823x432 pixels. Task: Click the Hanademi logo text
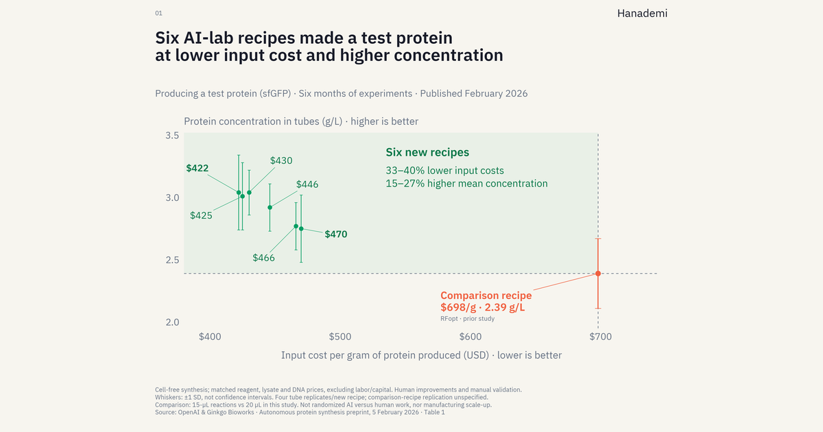(x=642, y=14)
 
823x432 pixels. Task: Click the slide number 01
(x=158, y=13)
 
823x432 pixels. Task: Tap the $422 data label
(x=198, y=168)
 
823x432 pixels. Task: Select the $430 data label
(x=281, y=160)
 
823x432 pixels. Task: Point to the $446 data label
(x=307, y=184)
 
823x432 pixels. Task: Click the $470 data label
(x=336, y=235)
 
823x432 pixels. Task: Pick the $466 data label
(x=263, y=258)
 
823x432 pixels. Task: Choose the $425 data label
(x=201, y=215)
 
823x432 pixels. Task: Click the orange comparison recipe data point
(x=598, y=274)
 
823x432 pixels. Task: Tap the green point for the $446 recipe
(x=270, y=208)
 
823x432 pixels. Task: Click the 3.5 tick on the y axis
(x=172, y=136)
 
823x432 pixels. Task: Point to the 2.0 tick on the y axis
(x=172, y=322)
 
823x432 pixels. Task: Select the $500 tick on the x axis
(x=340, y=337)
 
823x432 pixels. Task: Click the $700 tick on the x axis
(x=600, y=337)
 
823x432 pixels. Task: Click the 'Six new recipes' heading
(x=427, y=152)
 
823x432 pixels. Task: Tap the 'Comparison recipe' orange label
(x=486, y=296)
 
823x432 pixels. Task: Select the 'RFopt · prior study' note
(x=467, y=318)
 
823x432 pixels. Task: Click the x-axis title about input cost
(x=421, y=355)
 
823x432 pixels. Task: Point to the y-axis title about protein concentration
(x=301, y=121)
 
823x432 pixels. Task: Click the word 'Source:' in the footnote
(x=166, y=412)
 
